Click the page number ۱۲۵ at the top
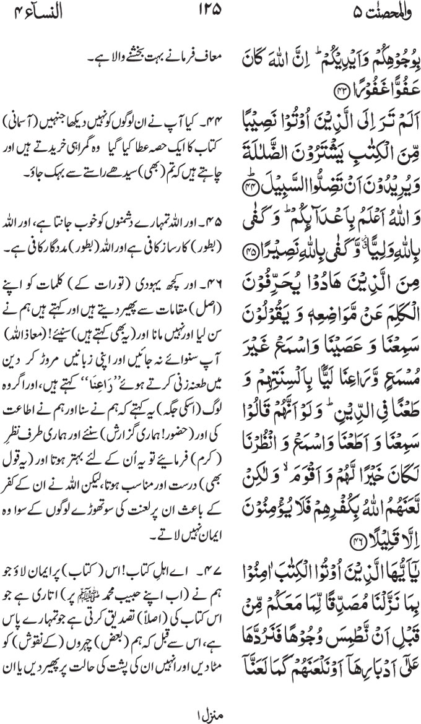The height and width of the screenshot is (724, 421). [210, 11]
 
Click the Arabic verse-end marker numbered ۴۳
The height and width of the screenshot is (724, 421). [342, 92]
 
